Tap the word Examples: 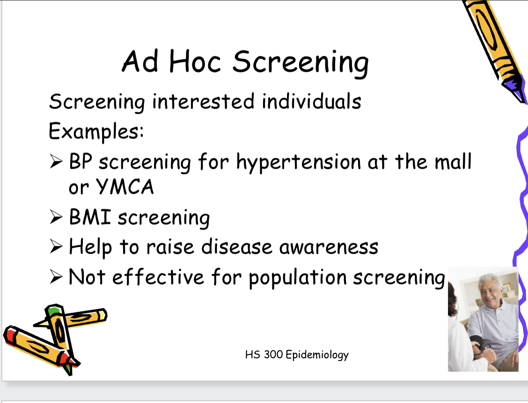click(96, 132)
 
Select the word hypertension click(298, 162)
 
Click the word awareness click(329, 247)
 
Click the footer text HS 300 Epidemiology click(297, 355)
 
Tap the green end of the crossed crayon click(53, 310)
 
